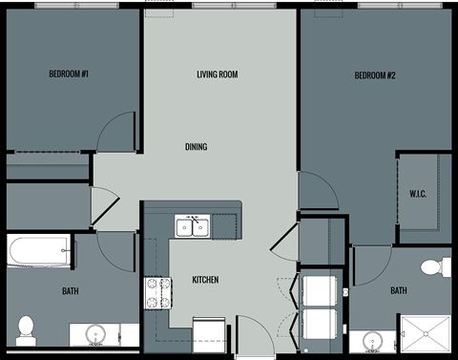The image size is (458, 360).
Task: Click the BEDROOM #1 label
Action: [69, 74]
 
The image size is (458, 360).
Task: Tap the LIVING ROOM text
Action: [217, 74]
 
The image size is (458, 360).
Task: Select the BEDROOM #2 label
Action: [375, 74]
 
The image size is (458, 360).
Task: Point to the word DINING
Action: [196, 147]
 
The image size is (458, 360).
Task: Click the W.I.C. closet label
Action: [418, 195]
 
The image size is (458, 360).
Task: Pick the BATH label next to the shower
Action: [398, 291]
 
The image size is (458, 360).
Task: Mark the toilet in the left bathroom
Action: [26, 328]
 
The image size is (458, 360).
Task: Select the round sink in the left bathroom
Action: [94, 335]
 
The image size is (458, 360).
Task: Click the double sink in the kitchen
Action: [193, 226]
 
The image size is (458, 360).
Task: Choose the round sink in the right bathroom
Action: [372, 341]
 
